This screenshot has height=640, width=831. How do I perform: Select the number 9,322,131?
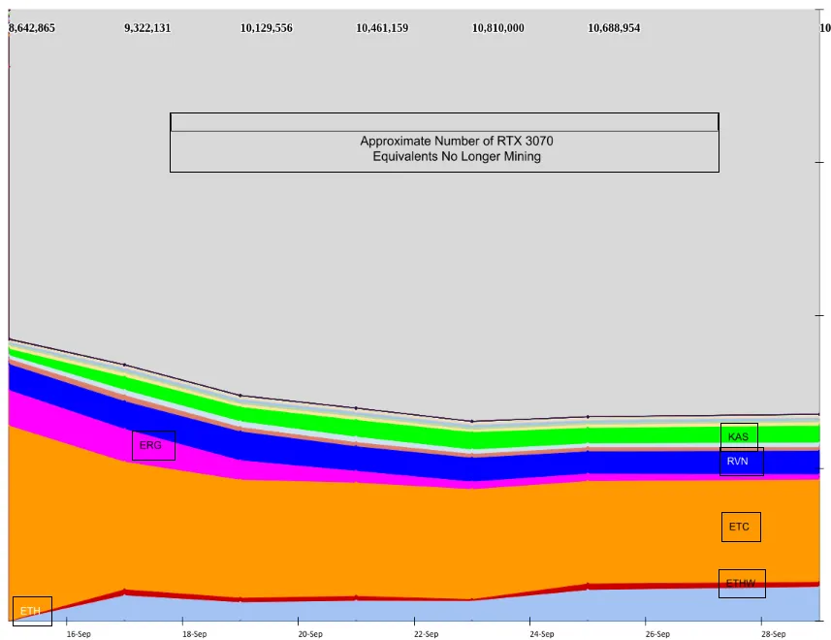pos(147,28)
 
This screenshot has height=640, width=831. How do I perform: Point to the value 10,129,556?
pos(266,28)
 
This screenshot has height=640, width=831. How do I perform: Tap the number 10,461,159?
pos(382,28)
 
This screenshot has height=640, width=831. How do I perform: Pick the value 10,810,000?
pos(497,28)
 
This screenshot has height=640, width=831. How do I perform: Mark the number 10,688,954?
pos(614,28)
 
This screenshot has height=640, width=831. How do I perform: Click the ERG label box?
pos(153,445)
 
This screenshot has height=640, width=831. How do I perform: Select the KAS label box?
pos(739,437)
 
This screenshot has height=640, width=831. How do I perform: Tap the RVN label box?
pos(741,462)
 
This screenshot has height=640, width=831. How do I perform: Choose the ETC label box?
pos(740,527)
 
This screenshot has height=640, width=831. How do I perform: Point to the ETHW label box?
pos(742,583)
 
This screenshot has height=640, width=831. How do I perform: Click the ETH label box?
pos(32,611)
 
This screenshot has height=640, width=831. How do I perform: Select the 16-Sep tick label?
pos(79,634)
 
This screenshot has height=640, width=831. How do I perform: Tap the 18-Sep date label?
pos(194,634)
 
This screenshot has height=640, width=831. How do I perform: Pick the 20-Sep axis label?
pos(310,634)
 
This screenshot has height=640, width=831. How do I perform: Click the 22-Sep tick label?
pos(426,634)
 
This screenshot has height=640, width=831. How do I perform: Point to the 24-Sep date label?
pos(542,634)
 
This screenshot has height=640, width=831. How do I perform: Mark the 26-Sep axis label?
pos(656,634)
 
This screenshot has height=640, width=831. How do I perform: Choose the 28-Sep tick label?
pos(773,634)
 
